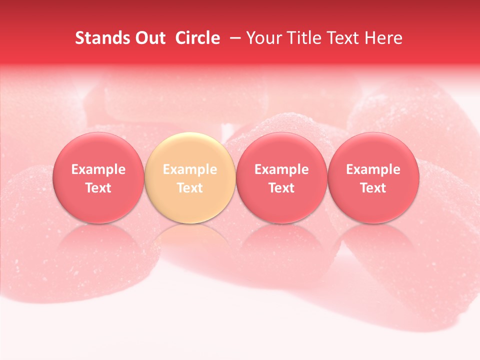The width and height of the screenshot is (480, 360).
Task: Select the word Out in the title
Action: [x=149, y=38]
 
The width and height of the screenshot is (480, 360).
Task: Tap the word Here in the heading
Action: [x=383, y=38]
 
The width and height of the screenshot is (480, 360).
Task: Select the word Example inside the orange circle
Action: [x=190, y=169]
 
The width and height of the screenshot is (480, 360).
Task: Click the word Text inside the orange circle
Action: [x=190, y=188]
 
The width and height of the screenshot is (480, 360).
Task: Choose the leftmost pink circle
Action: [x=98, y=150]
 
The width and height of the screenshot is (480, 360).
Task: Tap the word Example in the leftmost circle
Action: [x=98, y=169]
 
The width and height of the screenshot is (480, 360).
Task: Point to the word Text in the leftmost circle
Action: [x=98, y=188]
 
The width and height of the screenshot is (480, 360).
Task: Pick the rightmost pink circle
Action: [x=373, y=150]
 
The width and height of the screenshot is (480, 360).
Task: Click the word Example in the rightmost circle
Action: [x=373, y=169]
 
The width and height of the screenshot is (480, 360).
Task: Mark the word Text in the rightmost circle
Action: [x=373, y=188]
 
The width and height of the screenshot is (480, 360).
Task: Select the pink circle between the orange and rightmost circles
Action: [x=281, y=150]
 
